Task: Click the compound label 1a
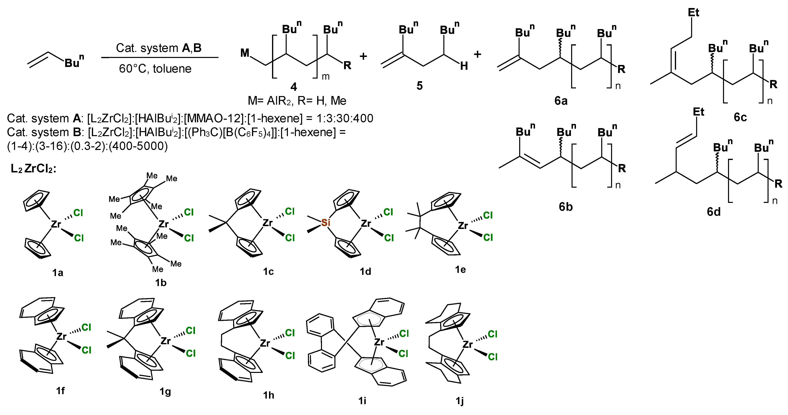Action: pyautogui.click(x=58, y=272)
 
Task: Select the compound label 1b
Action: pyautogui.click(x=161, y=283)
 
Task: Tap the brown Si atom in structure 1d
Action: pyautogui.click(x=325, y=223)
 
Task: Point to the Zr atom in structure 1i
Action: pyautogui.click(x=379, y=342)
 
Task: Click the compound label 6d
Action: pyautogui.click(x=713, y=212)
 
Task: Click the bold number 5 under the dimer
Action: pyautogui.click(x=419, y=86)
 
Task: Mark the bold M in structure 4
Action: pyautogui.click(x=245, y=53)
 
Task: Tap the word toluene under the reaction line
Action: pyautogui.click(x=172, y=69)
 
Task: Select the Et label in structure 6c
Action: pyautogui.click(x=694, y=12)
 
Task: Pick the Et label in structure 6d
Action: pyautogui.click(x=698, y=112)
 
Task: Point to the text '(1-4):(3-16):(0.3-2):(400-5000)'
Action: pyautogui.click(x=87, y=146)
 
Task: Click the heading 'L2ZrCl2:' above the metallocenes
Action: pyautogui.click(x=33, y=168)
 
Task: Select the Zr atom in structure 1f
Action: pyautogui.click(x=61, y=336)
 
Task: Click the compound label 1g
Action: pyautogui.click(x=165, y=392)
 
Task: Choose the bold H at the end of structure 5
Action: pyautogui.click(x=464, y=66)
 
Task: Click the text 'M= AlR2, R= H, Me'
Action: pyautogui.click(x=297, y=100)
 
